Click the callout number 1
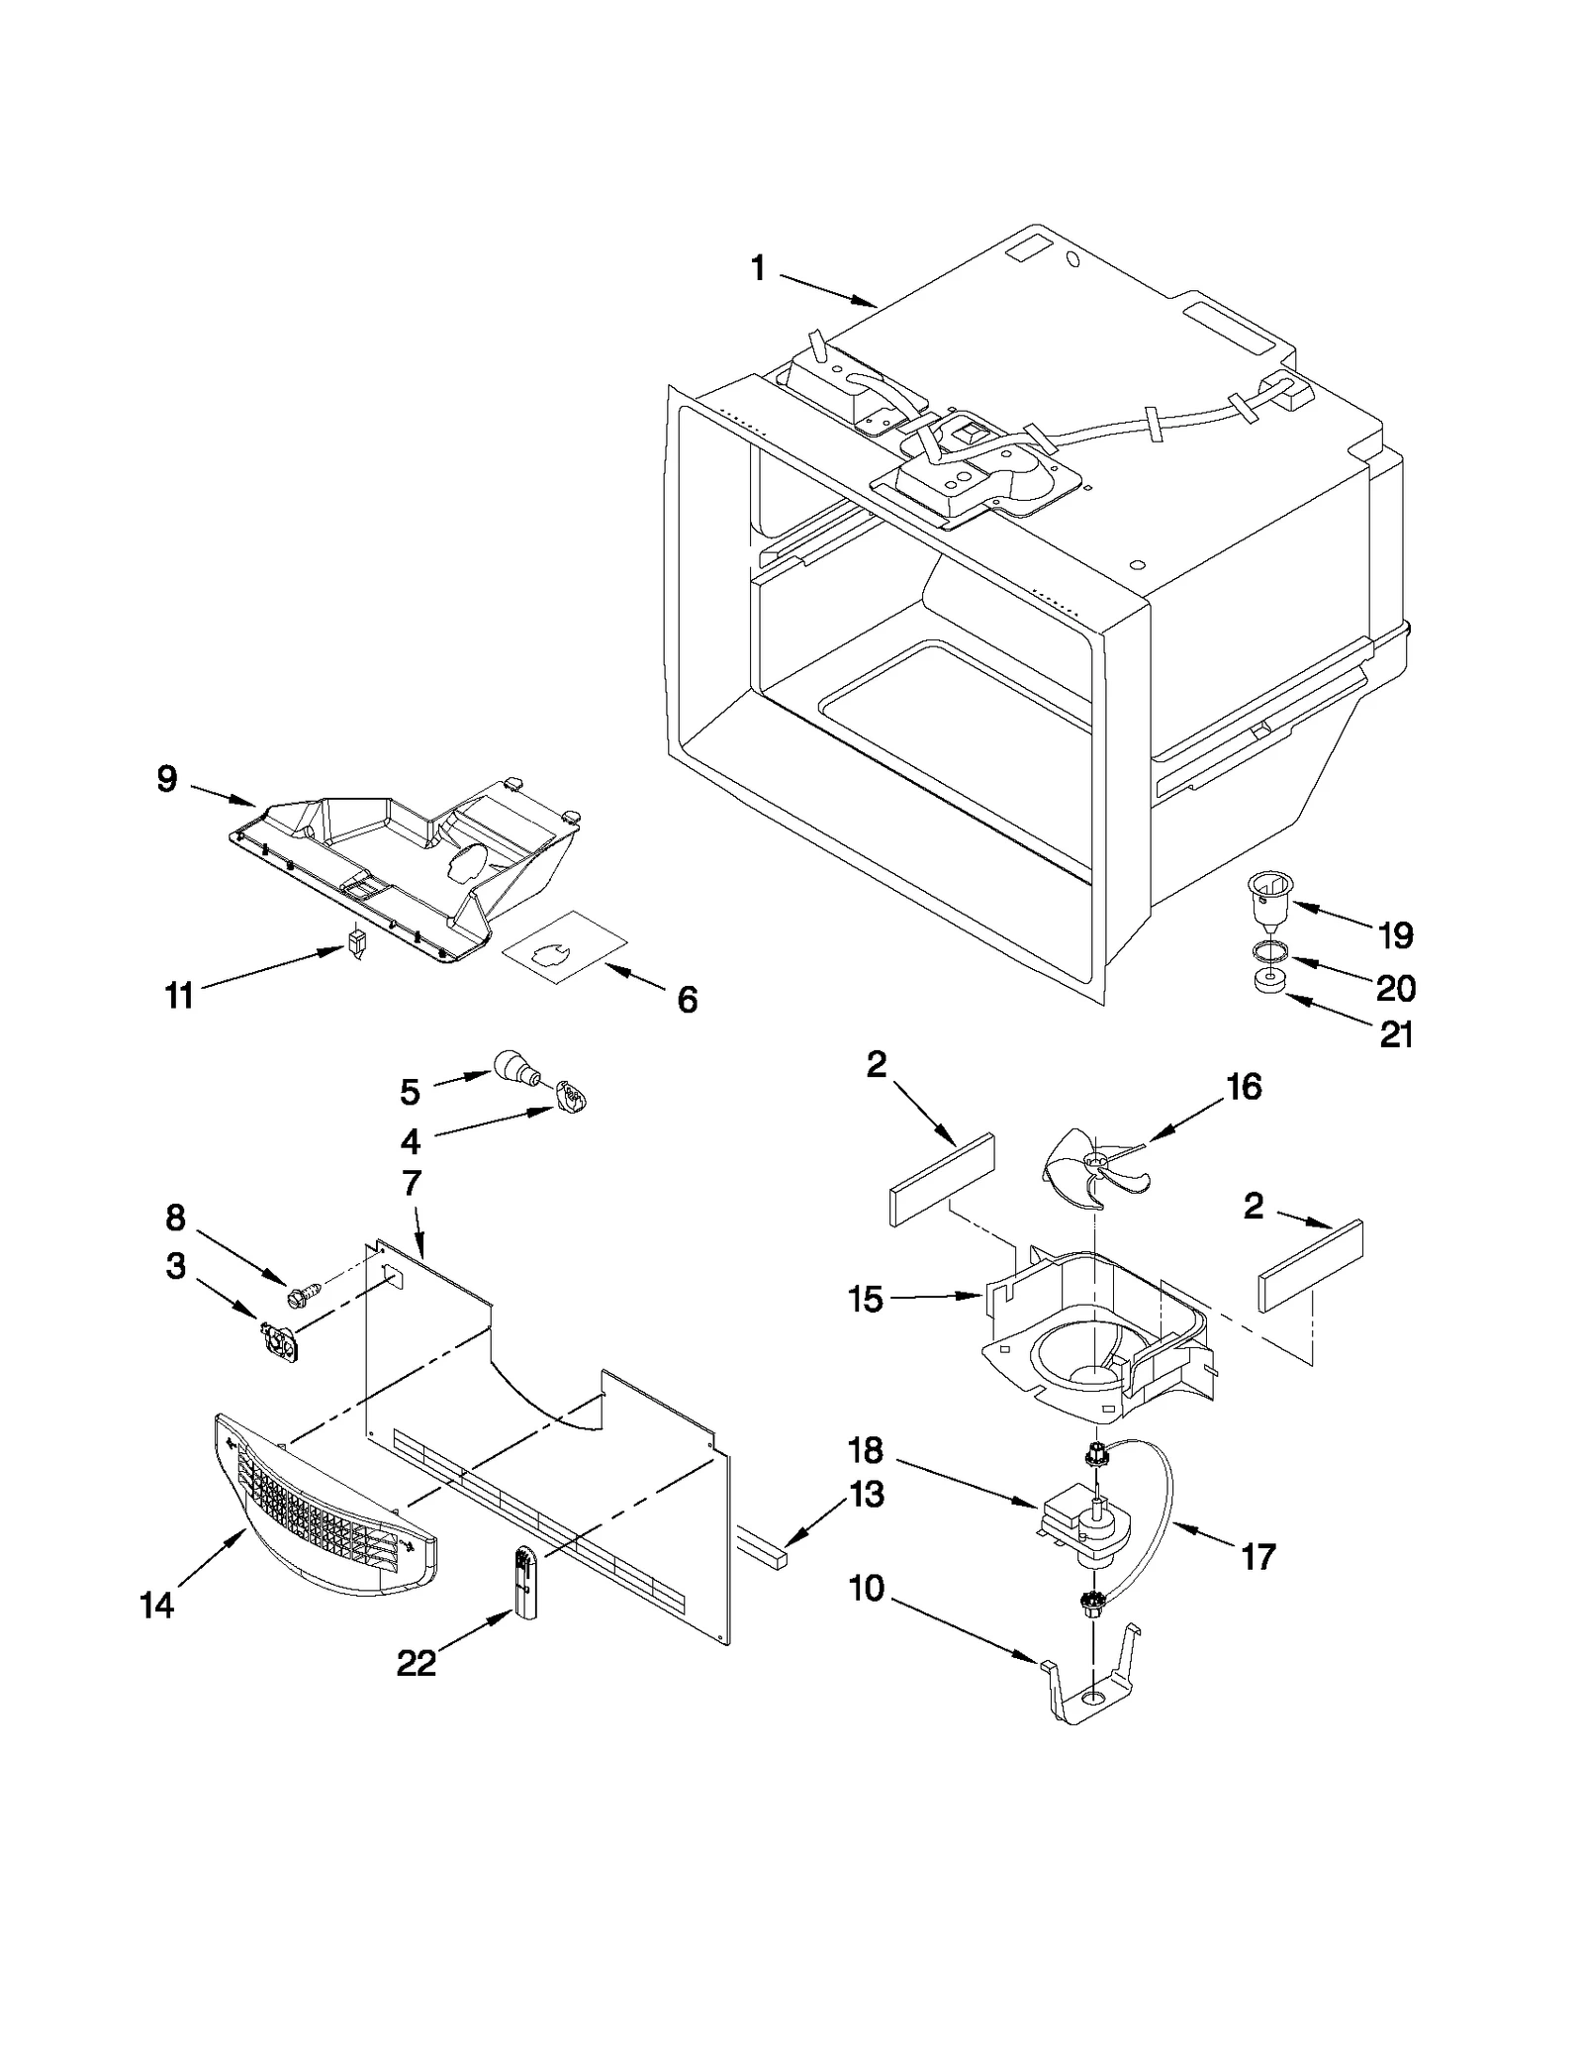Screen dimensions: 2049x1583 758,267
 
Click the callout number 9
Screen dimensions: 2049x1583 167,779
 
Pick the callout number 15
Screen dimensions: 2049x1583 866,1299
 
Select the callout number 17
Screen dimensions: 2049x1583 1257,1557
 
